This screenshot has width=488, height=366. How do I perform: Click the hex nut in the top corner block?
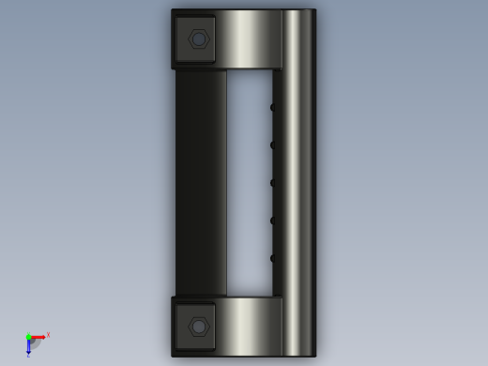point(198,39)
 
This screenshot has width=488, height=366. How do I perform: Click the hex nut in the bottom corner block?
point(198,327)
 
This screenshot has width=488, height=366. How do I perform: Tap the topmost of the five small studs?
point(273,107)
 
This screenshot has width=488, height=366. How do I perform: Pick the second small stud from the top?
point(273,145)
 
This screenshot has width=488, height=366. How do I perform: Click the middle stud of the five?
point(273,183)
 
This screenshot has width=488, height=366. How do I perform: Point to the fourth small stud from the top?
point(273,221)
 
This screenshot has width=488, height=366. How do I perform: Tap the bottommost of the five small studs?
point(273,258)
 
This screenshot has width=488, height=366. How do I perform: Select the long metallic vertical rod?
point(298,183)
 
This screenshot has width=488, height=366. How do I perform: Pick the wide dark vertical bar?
point(201,183)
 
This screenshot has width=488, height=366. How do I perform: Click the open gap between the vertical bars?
point(249,183)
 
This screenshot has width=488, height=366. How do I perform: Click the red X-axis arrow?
point(38,337)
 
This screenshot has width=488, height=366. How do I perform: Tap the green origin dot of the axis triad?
point(28,337)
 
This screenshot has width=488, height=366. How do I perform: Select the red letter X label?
point(48,335)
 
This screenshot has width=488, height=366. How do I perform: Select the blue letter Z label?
point(28,356)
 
